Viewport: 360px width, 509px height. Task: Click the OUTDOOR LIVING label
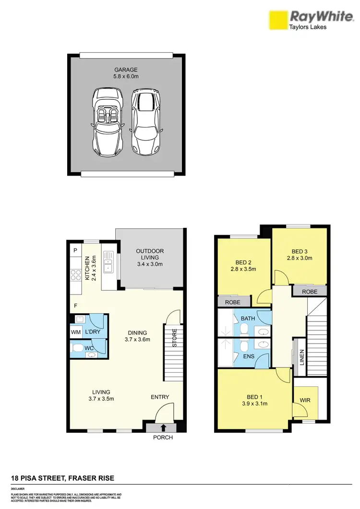pyautogui.click(x=150, y=251)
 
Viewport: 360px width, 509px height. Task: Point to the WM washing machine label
pyautogui.click(x=76, y=332)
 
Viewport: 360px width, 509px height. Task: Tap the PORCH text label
pyautogui.click(x=163, y=438)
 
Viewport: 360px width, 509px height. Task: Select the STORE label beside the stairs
pyautogui.click(x=175, y=338)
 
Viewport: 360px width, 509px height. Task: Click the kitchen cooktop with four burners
pyautogui.click(x=76, y=275)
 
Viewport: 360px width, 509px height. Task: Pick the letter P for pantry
pyautogui.click(x=75, y=250)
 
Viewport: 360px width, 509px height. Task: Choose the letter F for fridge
pyautogui.click(x=75, y=305)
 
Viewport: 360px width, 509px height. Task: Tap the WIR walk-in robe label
pyautogui.click(x=305, y=400)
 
